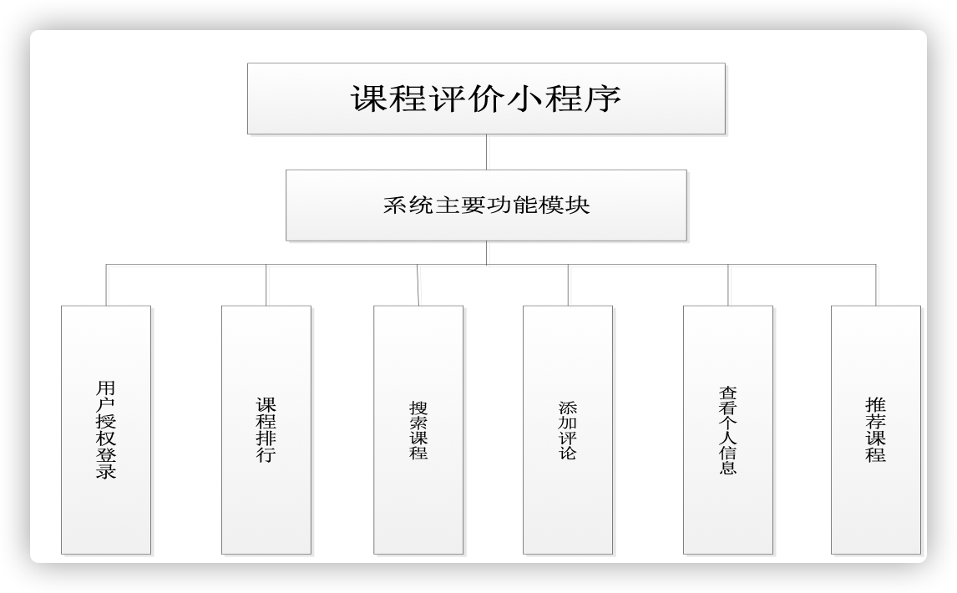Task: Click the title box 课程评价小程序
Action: pyautogui.click(x=486, y=99)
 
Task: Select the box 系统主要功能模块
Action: pyautogui.click(x=486, y=205)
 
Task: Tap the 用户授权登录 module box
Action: pyautogui.click(x=106, y=429)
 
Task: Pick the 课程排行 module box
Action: pyautogui.click(x=266, y=429)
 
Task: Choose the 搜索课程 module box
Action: pyautogui.click(x=418, y=429)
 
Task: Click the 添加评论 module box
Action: pyautogui.click(x=568, y=429)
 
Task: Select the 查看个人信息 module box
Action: pyautogui.click(x=728, y=429)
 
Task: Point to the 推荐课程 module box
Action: pyautogui.click(x=876, y=429)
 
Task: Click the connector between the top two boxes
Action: pyautogui.click(x=486, y=152)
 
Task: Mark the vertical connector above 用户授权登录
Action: pyautogui.click(x=106, y=285)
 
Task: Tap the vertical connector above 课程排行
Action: pyautogui.click(x=266, y=285)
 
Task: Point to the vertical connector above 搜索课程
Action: pyautogui.click(x=418, y=285)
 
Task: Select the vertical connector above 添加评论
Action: pyautogui.click(x=568, y=285)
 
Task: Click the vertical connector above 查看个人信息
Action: pyautogui.click(x=728, y=285)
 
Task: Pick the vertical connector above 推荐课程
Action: pyautogui.click(x=876, y=285)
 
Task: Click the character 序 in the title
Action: pyautogui.click(x=601, y=99)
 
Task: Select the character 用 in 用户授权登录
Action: pyautogui.click(x=106, y=388)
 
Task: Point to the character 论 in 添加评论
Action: pyautogui.click(x=568, y=453)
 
